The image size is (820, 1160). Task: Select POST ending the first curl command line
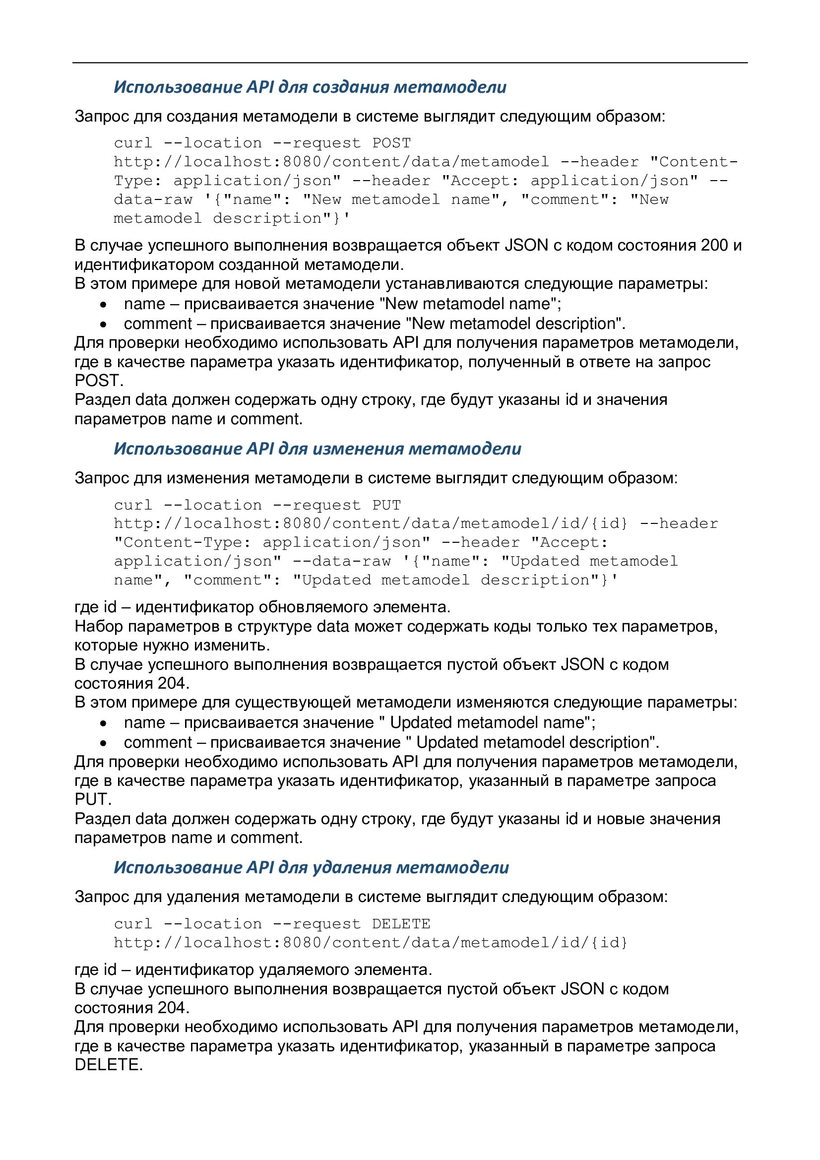point(391,143)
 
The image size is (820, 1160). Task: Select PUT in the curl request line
point(386,505)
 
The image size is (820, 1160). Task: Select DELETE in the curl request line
point(401,924)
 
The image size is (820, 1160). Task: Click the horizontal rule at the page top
point(410,63)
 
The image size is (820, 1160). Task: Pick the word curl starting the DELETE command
point(133,924)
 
